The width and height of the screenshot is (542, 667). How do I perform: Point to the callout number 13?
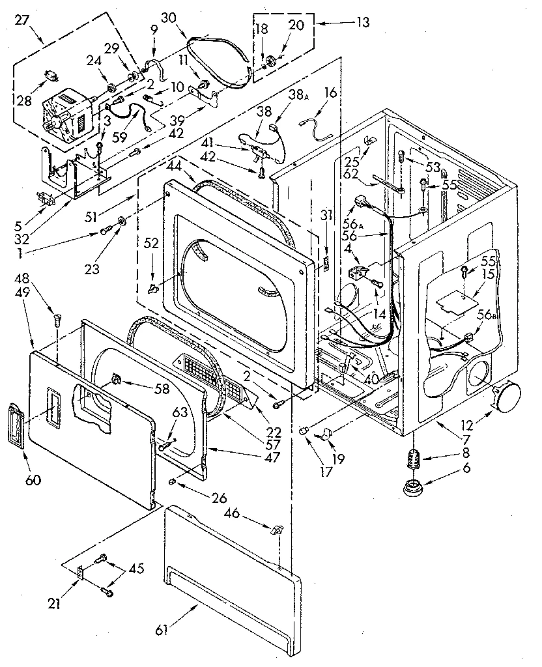pyautogui.click(x=363, y=23)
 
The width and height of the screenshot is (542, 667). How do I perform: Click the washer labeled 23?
pyautogui.click(x=122, y=227)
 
